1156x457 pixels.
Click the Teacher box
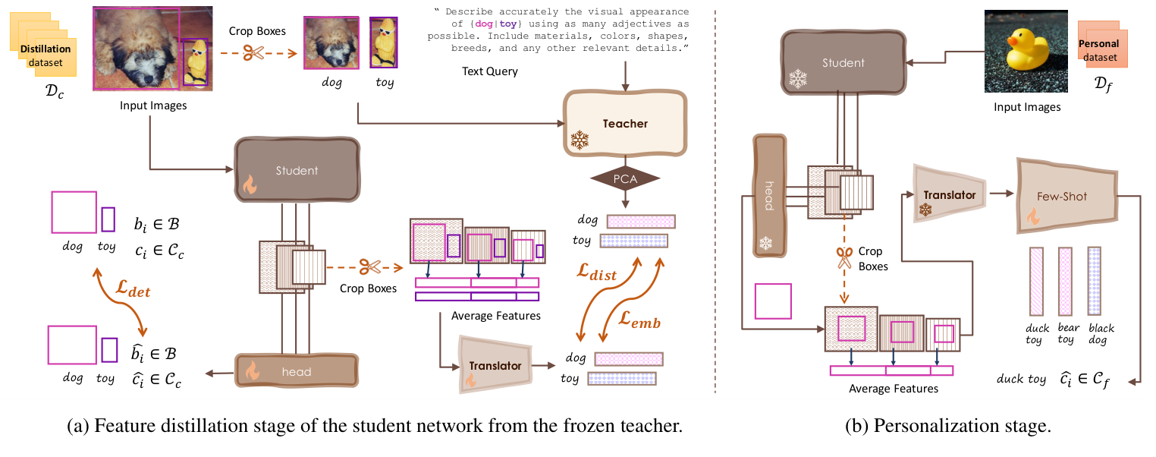click(x=624, y=123)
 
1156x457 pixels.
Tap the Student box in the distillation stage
click(x=297, y=171)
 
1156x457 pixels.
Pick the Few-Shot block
click(x=1061, y=197)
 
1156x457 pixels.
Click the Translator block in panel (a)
click(x=495, y=366)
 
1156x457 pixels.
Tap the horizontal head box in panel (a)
click(x=297, y=371)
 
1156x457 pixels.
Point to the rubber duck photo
click(x=1026, y=51)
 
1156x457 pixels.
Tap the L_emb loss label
click(x=638, y=323)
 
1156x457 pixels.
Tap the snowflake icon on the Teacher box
click(x=580, y=140)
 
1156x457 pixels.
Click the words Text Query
click(x=490, y=71)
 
